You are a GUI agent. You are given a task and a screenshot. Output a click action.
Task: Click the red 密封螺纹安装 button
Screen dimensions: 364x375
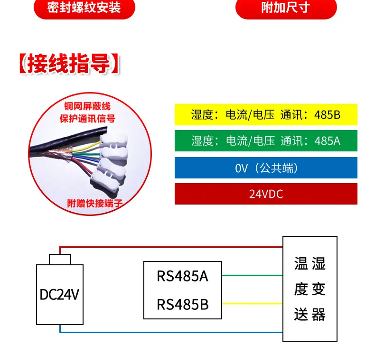coord(84,9)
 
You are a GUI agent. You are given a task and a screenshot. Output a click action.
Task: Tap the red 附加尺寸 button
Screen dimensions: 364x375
coord(286,9)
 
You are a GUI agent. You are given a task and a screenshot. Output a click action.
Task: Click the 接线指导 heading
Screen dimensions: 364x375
coord(69,65)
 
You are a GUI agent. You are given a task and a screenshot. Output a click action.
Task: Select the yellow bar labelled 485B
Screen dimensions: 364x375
coord(266,114)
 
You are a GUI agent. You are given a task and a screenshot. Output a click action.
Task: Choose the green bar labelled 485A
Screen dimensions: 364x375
coord(266,141)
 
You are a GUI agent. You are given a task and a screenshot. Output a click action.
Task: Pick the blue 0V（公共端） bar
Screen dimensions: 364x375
coord(266,168)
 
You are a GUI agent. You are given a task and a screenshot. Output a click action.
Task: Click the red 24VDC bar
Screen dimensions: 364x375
coord(266,194)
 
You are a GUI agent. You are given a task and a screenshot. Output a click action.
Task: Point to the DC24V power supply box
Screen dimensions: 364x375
coord(60,295)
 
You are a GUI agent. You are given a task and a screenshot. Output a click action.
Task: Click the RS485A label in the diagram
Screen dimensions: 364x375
coord(182,276)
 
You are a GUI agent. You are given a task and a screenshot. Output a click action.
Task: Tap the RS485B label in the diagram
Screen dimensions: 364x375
coord(182,304)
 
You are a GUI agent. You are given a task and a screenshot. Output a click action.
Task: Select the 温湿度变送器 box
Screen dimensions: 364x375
coord(310,289)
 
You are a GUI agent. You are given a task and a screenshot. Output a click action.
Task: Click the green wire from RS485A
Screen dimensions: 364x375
coord(252,275)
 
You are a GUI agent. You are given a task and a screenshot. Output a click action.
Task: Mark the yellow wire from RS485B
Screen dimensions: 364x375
coord(252,303)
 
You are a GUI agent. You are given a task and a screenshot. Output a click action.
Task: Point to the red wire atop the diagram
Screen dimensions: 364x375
coord(171,247)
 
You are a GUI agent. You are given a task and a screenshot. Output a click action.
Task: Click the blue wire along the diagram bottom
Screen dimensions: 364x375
coord(171,332)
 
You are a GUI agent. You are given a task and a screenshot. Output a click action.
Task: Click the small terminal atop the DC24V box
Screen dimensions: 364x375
coord(60,259)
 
